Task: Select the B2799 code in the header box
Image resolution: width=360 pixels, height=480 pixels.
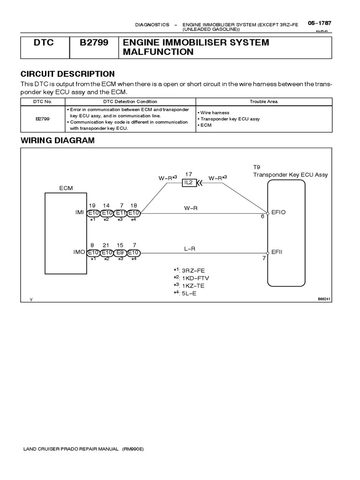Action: (x=94, y=43)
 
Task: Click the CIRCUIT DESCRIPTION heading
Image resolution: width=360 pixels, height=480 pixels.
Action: (x=67, y=74)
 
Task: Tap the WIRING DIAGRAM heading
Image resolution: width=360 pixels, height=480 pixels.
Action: (x=58, y=140)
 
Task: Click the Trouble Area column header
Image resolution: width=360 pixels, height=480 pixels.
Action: (x=263, y=101)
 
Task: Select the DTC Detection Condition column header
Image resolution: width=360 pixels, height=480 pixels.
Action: (x=130, y=101)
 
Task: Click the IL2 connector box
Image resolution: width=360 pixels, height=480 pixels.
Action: (x=189, y=183)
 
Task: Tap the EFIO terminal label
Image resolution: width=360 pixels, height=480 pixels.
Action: (x=278, y=212)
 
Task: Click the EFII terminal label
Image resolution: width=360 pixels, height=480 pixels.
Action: (x=277, y=252)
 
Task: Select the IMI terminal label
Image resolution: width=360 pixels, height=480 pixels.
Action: (x=80, y=212)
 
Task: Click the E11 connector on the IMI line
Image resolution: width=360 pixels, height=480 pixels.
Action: (x=120, y=212)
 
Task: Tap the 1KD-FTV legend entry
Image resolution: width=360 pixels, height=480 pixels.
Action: (x=193, y=277)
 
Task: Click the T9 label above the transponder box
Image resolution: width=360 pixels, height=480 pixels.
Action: (x=256, y=167)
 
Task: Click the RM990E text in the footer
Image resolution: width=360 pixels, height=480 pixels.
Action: (x=133, y=449)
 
